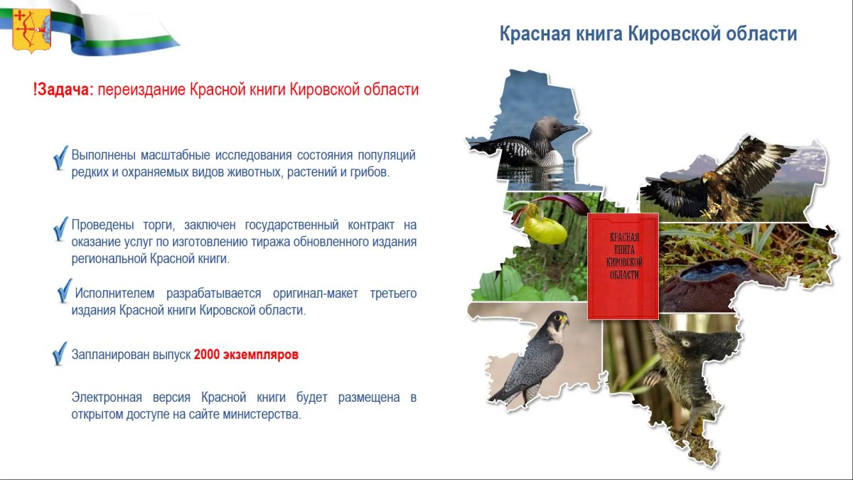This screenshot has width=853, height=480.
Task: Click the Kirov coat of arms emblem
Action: click(32, 30)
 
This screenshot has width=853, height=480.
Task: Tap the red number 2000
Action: click(207, 355)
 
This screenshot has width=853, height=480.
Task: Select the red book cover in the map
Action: click(623, 266)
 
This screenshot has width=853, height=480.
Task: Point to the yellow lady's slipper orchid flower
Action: click(544, 228)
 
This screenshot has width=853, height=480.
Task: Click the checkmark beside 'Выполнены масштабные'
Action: click(60, 158)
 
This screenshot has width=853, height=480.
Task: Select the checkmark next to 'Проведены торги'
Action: click(60, 229)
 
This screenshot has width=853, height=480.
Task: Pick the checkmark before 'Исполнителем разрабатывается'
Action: click(65, 290)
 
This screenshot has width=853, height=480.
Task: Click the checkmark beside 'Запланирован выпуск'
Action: click(60, 353)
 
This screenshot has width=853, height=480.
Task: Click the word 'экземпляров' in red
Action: click(260, 355)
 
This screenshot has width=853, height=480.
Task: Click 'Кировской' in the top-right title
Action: click(673, 34)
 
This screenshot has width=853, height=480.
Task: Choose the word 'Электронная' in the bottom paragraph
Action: click(107, 398)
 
